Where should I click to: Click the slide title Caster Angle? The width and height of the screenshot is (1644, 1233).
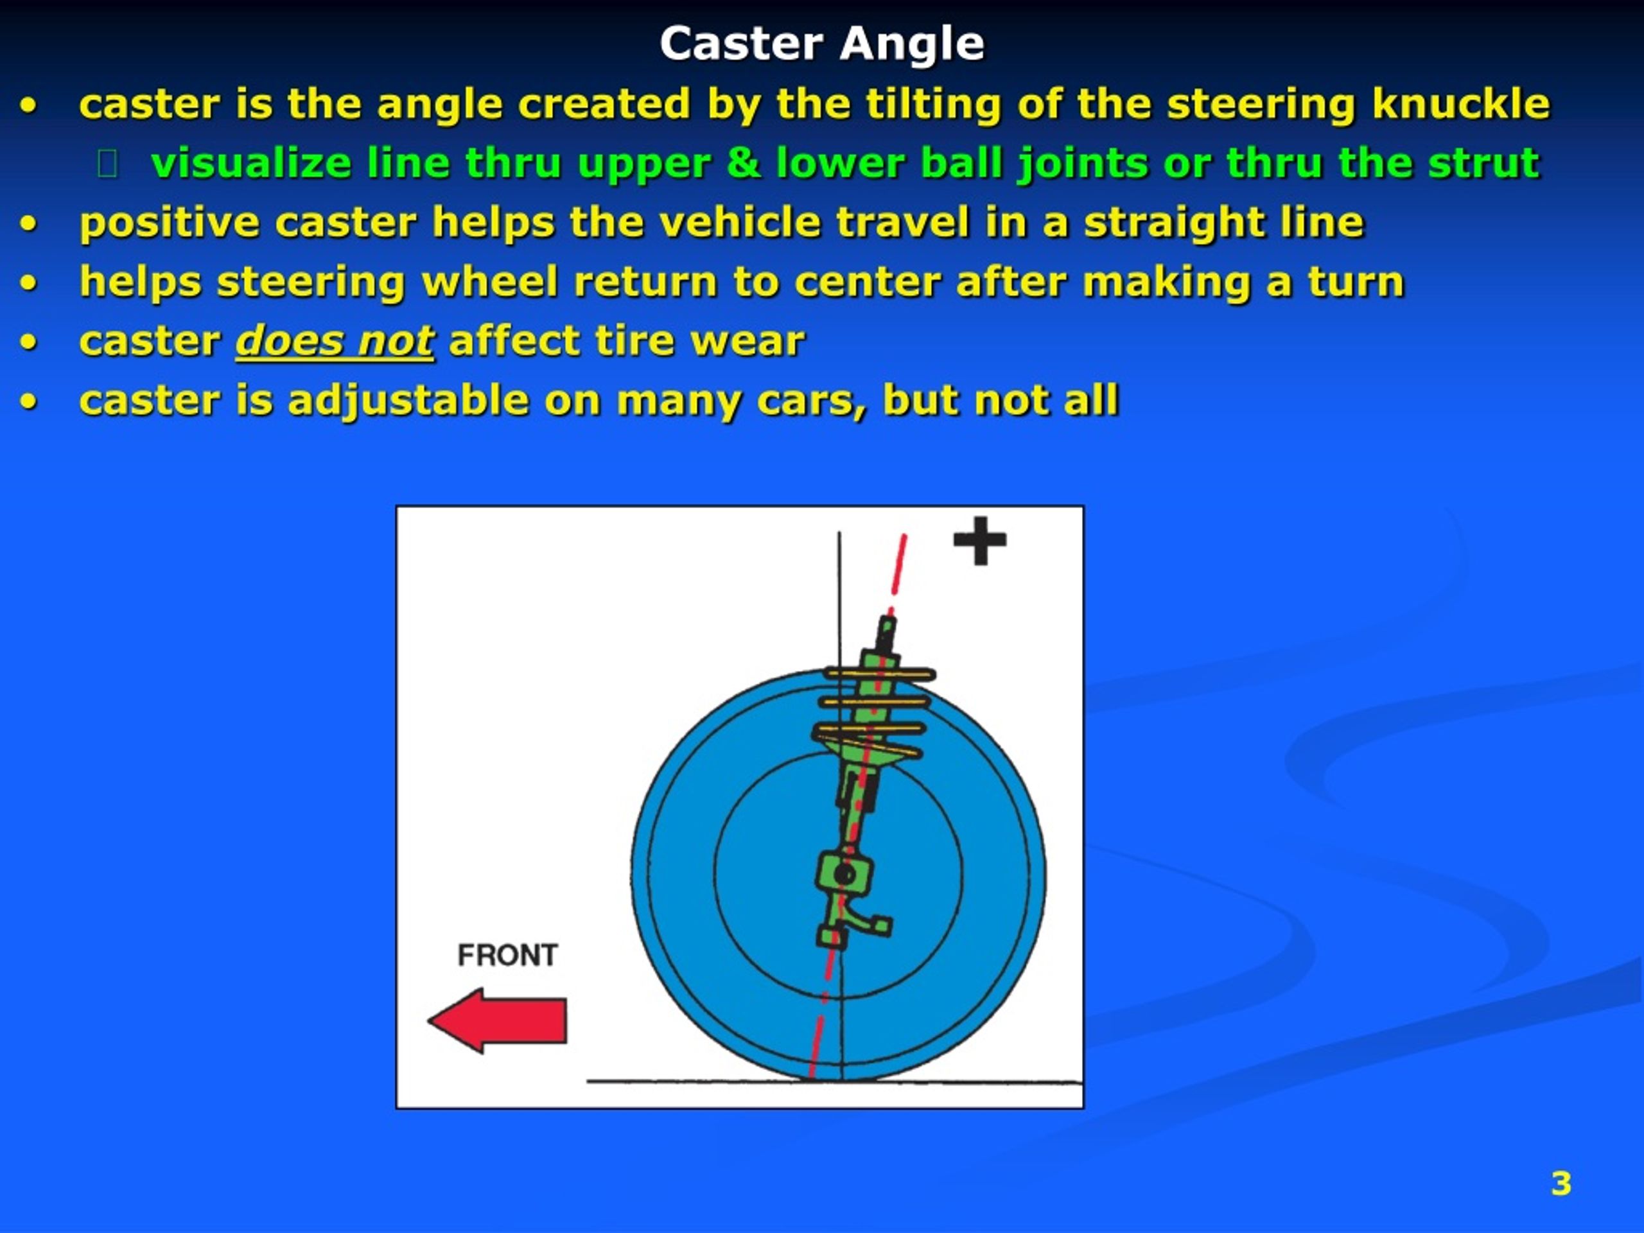[821, 44]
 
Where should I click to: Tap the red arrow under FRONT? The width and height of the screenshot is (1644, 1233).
[497, 1020]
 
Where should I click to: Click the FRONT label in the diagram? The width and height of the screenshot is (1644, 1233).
[507, 955]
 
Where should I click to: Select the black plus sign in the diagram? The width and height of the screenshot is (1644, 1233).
[979, 540]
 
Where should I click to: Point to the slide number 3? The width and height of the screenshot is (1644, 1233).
[1561, 1183]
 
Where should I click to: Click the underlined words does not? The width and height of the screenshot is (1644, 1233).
[335, 342]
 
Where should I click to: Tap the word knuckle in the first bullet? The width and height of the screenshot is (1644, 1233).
[1460, 104]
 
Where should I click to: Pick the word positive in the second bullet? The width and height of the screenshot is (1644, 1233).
[170, 223]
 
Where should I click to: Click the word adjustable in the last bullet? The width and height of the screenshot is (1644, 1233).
[408, 401]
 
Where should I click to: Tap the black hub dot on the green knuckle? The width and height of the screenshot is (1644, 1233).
[844, 874]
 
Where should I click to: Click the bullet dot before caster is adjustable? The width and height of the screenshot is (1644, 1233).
[28, 402]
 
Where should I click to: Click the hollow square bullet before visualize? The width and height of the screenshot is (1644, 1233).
[108, 164]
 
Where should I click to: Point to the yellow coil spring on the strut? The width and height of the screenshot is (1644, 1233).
[873, 703]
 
